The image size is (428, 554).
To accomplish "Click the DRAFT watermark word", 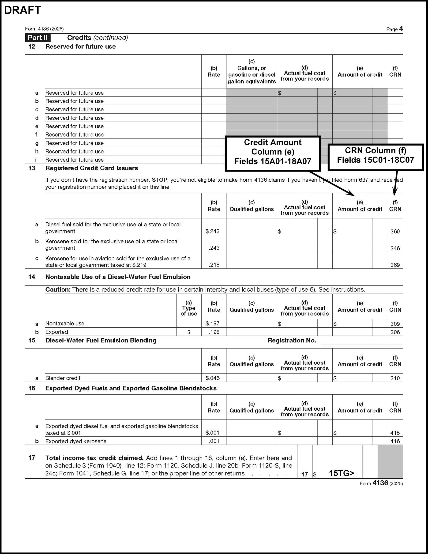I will [x=23, y=10].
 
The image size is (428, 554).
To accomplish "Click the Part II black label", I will [x=38, y=38].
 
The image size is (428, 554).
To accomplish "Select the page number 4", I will [x=401, y=29].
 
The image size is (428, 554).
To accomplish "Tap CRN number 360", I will [x=395, y=231].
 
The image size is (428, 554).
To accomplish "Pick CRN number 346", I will [x=395, y=248].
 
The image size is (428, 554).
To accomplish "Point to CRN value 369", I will [x=395, y=265].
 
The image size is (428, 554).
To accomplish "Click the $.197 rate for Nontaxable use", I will [x=213, y=323].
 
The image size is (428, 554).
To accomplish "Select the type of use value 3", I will [x=188, y=332].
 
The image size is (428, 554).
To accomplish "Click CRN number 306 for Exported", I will [x=395, y=332].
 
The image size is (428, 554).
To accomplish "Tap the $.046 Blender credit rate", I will [x=213, y=378].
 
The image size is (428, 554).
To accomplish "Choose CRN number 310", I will [x=395, y=378].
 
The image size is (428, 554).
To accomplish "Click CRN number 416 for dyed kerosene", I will [x=395, y=441].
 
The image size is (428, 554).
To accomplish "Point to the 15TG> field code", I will [x=341, y=473].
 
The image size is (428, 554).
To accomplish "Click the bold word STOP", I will [x=159, y=180].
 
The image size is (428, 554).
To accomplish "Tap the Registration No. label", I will [x=292, y=341].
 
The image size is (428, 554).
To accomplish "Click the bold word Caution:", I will [x=58, y=290].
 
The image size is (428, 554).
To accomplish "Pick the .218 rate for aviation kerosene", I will [x=214, y=265].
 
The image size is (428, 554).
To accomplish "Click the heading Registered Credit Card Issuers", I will [x=92, y=168].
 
